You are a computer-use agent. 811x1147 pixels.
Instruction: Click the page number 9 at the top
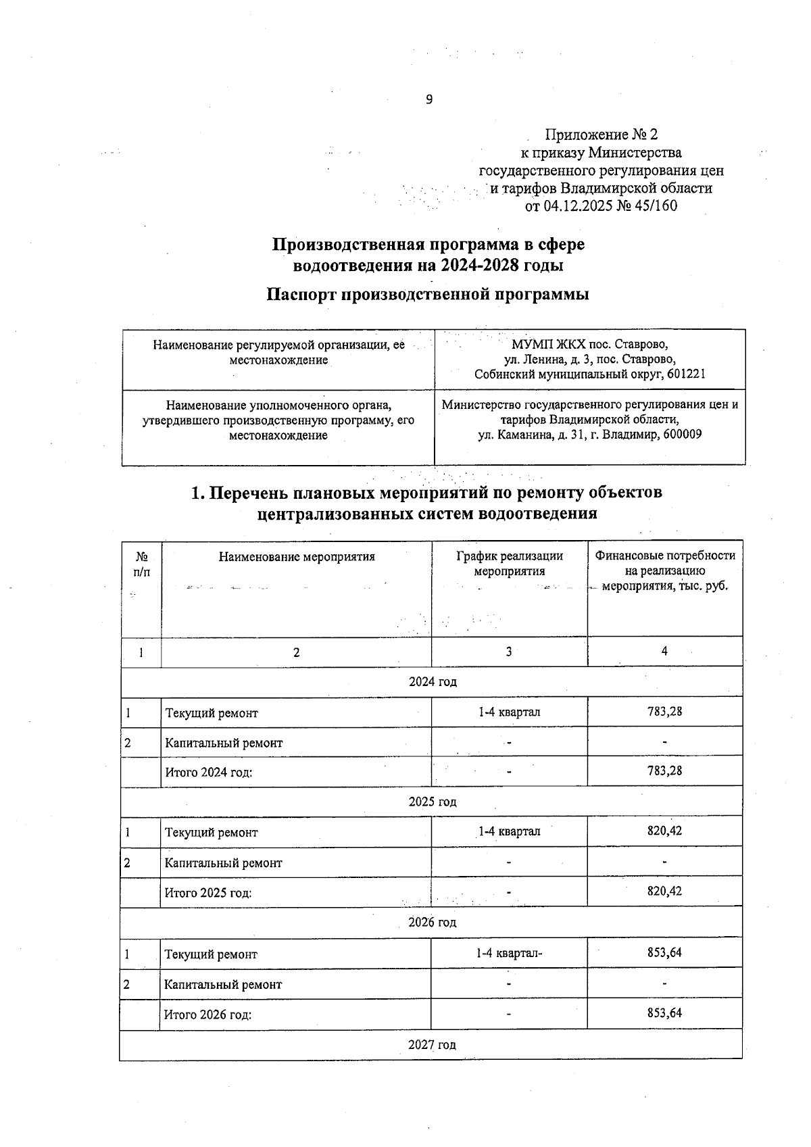coord(428,100)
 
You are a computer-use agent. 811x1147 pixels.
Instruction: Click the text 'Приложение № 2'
coord(601,135)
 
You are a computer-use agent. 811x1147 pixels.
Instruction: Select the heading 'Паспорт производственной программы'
coord(428,295)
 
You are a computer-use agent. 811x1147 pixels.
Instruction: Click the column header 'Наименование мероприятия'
coord(296,557)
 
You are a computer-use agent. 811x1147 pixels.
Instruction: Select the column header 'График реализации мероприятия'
coord(509,563)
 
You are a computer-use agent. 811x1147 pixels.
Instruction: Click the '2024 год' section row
coord(432,681)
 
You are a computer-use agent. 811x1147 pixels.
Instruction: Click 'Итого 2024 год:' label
coord(208,772)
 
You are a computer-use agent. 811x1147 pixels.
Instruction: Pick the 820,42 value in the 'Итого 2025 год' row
coord(664,891)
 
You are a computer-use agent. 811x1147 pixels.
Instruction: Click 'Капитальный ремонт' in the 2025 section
coord(223,863)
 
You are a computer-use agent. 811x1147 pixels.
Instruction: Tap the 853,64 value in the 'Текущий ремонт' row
coord(664,953)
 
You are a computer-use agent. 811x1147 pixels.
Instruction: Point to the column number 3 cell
coord(508,652)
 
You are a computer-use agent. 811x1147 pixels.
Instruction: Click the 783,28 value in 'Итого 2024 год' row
coord(664,771)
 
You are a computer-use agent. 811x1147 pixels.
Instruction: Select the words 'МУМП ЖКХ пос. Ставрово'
coord(589,344)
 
